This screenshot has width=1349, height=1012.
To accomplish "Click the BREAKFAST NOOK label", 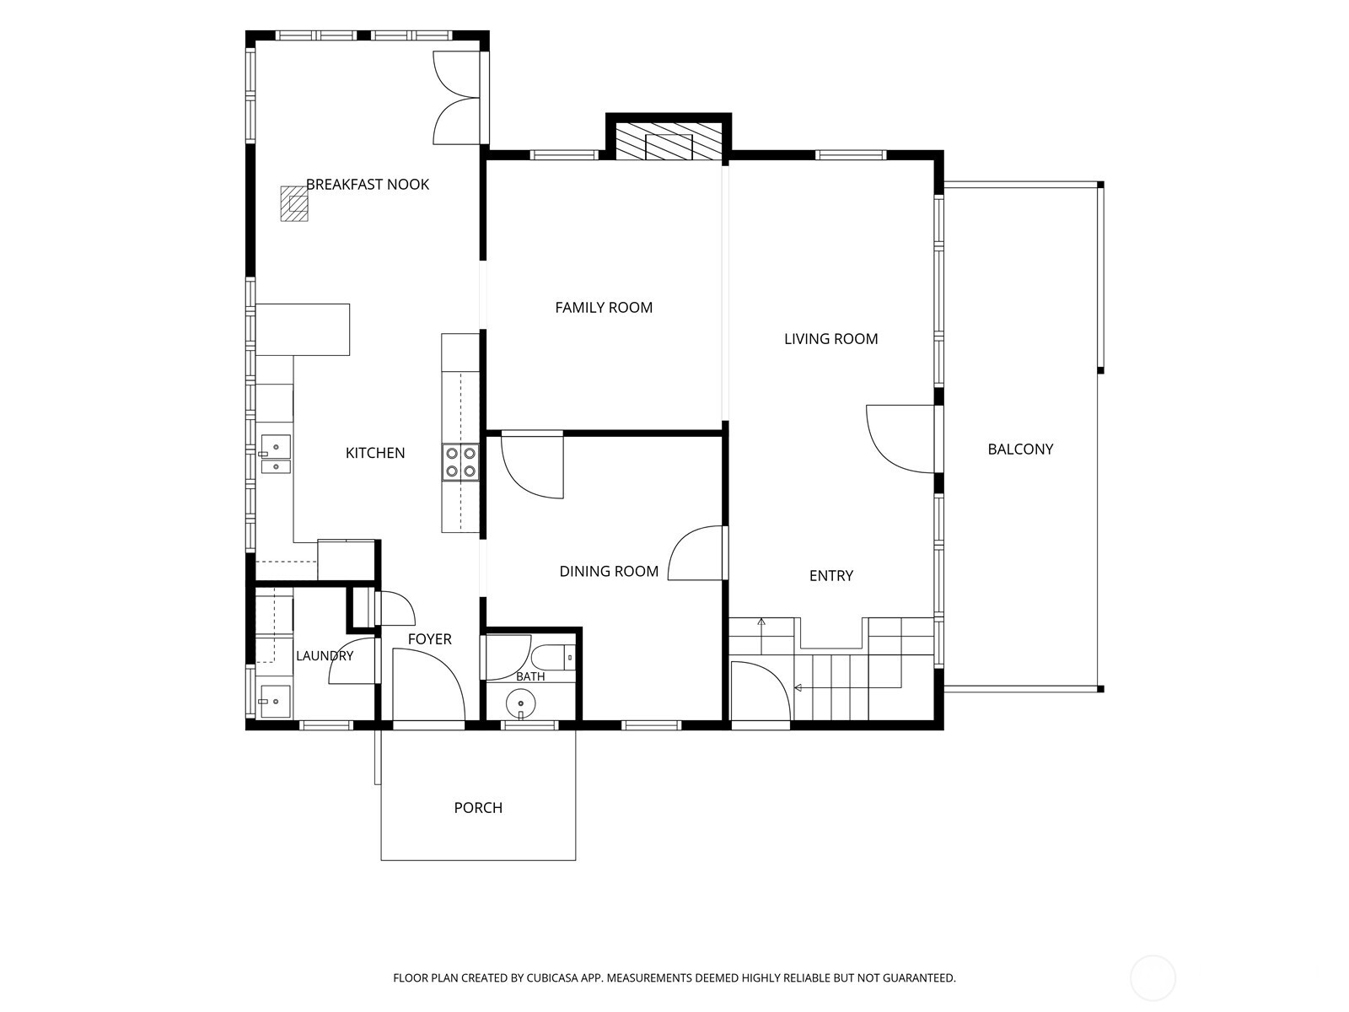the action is tap(368, 185).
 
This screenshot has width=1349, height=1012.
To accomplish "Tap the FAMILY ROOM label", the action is tap(604, 307).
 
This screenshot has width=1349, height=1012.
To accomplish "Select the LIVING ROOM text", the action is tap(831, 338).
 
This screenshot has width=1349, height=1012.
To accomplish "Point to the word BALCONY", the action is tap(1020, 449).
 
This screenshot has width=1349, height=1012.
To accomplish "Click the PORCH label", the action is tap(478, 807).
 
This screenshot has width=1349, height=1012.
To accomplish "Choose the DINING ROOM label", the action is tap(609, 572).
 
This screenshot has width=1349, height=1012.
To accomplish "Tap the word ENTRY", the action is tap(831, 576).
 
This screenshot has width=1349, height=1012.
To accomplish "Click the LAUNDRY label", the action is tap(325, 655).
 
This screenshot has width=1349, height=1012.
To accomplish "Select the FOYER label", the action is tap(430, 639).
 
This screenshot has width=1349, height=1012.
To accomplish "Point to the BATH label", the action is tap(530, 676).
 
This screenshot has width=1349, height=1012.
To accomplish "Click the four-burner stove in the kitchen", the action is tap(460, 462).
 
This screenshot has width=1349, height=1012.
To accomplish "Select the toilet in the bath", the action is tap(552, 658).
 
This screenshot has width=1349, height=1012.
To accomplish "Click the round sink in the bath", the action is tap(521, 703).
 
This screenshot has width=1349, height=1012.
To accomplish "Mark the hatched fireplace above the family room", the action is tap(669, 142).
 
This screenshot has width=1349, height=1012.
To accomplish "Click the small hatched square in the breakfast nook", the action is tap(294, 203).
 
